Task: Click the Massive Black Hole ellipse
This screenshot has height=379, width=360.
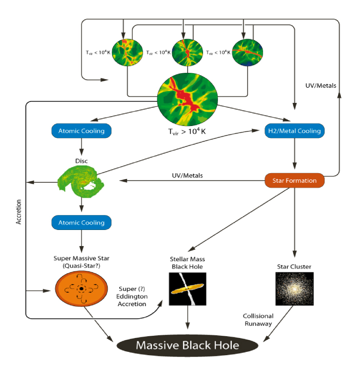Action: [x=187, y=345]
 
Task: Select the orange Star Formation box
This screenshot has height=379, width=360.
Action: [x=294, y=180]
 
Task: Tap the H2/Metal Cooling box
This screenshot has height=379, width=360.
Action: [x=294, y=131]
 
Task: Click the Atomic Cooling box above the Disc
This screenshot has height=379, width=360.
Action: [x=81, y=131]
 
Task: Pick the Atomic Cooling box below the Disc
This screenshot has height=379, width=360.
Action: [x=81, y=222]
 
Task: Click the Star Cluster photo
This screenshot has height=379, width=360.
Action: [x=294, y=289]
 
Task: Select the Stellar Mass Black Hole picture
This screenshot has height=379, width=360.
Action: [x=187, y=289]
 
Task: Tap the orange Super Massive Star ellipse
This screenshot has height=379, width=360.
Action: [x=81, y=289]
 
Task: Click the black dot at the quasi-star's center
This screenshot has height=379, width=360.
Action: [x=81, y=289]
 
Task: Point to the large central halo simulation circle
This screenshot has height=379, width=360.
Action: [x=187, y=99]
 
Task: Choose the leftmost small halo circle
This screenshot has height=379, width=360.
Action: [x=127, y=52]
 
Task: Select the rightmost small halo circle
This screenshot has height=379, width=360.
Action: [x=247, y=52]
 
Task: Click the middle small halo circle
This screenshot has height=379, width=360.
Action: [x=187, y=52]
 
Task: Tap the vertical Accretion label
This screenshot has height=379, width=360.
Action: [x=19, y=212]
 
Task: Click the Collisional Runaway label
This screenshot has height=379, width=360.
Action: [x=258, y=320]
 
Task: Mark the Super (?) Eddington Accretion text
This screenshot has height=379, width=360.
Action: [x=132, y=296]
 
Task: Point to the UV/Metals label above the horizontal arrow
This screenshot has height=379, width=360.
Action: [x=187, y=175]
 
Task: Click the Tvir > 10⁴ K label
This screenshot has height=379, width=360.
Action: [x=187, y=132]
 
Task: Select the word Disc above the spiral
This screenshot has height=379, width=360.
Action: [x=81, y=161]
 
